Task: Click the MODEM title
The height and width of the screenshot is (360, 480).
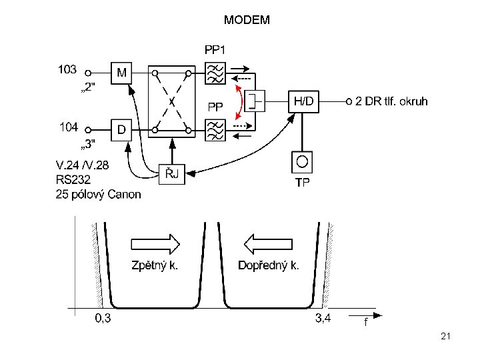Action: [x=247, y=20]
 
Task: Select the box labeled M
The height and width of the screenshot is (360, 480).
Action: [x=121, y=73]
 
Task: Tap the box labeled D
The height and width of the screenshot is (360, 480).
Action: [x=121, y=130]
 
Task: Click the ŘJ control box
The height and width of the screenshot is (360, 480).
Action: [x=172, y=174]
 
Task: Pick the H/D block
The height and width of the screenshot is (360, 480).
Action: [x=303, y=101]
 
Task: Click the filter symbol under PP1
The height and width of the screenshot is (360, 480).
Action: [x=215, y=73]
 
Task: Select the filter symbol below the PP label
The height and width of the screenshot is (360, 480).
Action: [x=215, y=130]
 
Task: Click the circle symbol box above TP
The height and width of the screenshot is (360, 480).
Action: [x=302, y=162]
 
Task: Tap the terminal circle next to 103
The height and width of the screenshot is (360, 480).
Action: [x=88, y=73]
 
